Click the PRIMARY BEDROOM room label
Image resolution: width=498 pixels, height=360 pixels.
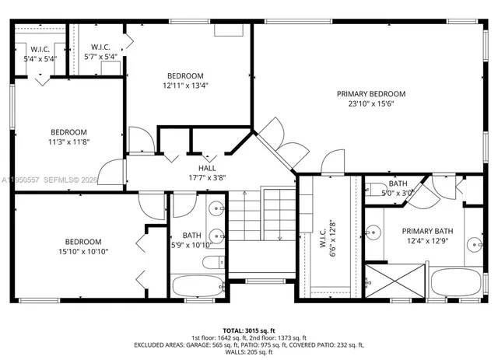tap(370, 94)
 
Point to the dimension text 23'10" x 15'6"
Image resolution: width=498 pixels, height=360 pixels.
tap(370, 103)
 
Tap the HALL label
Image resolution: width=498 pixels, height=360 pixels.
tap(207, 168)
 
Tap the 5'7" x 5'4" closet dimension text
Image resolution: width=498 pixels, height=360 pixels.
tap(100, 57)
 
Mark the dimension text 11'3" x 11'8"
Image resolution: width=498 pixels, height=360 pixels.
tap(68, 142)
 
